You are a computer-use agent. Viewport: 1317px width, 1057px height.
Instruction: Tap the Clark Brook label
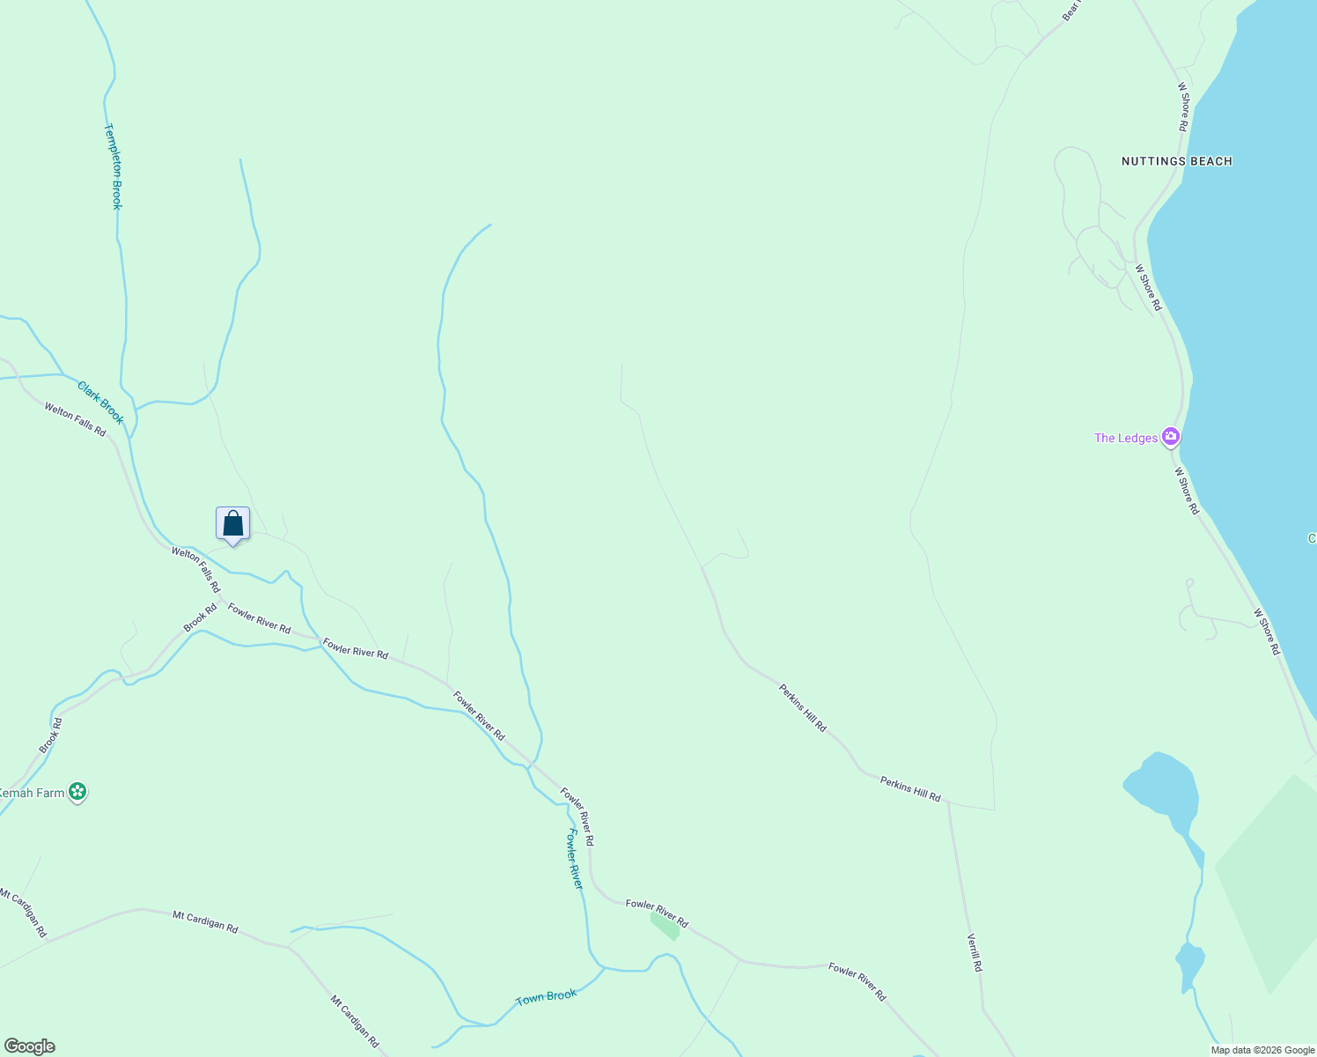tap(100, 403)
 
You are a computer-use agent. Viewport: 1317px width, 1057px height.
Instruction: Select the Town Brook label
tap(546, 996)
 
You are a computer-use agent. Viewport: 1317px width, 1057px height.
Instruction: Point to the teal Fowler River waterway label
tap(575, 858)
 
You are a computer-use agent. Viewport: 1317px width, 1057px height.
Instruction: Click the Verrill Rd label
tap(975, 952)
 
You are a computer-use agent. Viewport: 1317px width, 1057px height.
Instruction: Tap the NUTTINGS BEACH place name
tap(1176, 161)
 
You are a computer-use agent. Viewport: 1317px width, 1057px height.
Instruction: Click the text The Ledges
tap(1125, 438)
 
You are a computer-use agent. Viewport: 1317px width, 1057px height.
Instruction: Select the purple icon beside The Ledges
tap(1170, 436)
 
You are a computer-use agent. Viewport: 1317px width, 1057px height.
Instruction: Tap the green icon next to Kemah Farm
tap(78, 792)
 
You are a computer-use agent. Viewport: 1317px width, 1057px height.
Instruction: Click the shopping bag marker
tap(233, 524)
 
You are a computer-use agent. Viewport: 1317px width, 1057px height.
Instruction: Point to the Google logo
tap(29, 1046)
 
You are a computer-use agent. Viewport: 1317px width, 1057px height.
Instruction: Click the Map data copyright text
tap(1261, 1049)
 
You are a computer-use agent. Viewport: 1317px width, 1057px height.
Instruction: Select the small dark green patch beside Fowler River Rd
tap(666, 924)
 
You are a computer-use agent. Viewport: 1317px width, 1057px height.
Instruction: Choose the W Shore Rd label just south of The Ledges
tap(1187, 491)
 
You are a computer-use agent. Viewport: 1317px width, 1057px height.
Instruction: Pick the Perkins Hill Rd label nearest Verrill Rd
tap(910, 788)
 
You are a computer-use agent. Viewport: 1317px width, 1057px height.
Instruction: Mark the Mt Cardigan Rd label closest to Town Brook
tap(355, 1021)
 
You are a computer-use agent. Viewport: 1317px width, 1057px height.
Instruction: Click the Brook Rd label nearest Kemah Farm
tap(51, 735)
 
